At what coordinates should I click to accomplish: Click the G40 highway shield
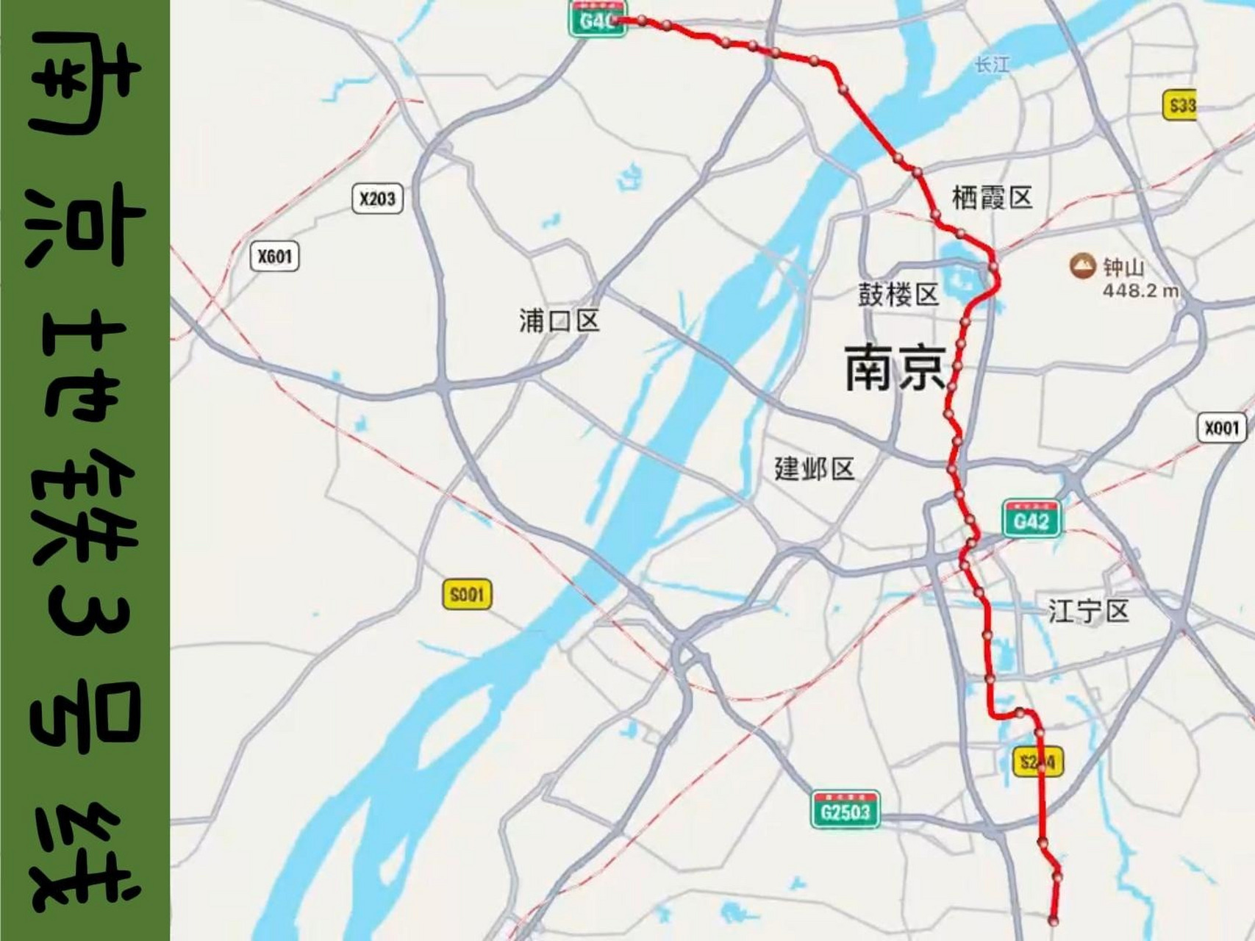(597, 19)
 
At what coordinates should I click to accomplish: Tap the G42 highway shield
(1031, 520)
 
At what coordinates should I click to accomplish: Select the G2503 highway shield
(845, 811)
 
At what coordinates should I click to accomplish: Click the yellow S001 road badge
(467, 594)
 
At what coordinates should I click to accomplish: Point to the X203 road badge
(377, 198)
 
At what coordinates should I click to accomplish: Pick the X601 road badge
(275, 257)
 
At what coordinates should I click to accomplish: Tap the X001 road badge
(1221, 427)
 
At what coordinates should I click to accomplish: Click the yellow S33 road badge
(1181, 106)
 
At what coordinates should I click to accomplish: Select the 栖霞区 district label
(992, 197)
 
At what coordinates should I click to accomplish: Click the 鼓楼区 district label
(898, 295)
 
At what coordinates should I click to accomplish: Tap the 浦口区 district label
(559, 321)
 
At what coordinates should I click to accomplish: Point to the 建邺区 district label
(815, 468)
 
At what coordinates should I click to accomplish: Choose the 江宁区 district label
(1088, 611)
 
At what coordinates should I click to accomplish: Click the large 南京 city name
(894, 368)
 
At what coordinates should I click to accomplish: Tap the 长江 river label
(992, 65)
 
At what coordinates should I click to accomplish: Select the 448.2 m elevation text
(1140, 290)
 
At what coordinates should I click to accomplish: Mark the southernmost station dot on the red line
(1054, 920)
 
